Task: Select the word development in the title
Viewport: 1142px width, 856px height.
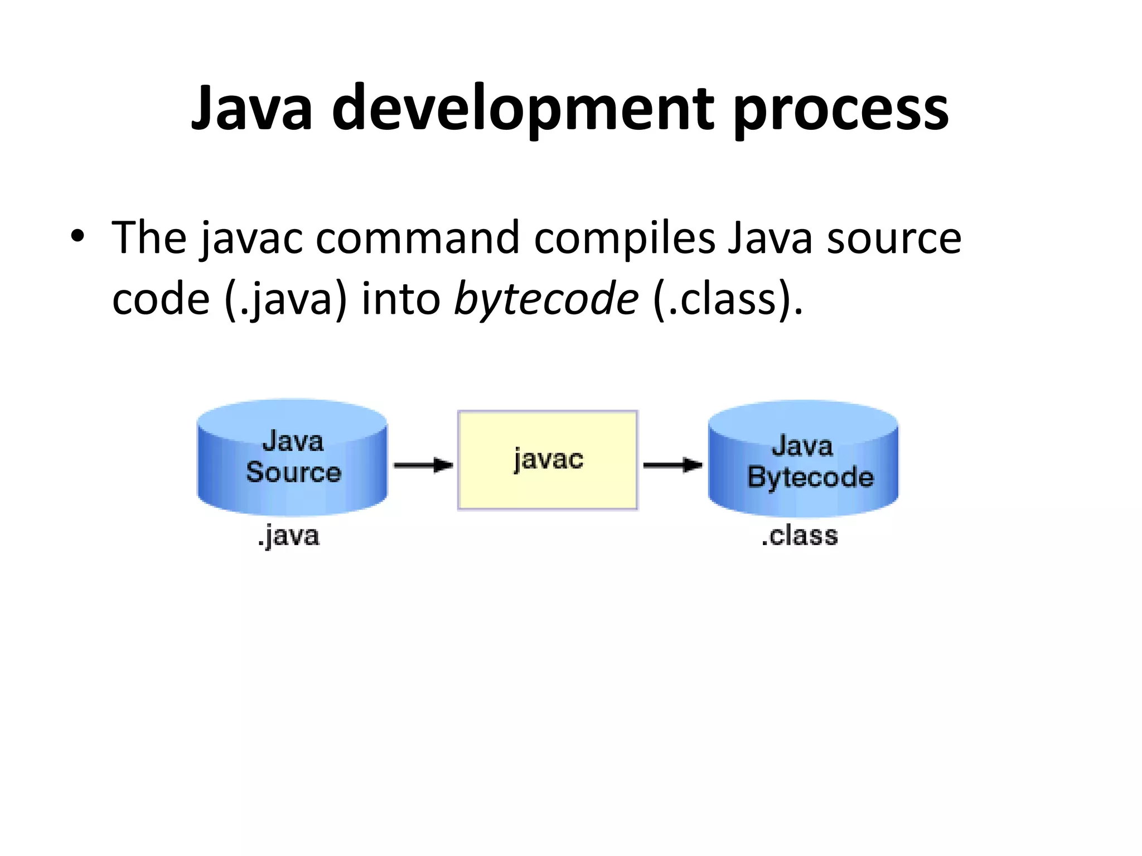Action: click(523, 109)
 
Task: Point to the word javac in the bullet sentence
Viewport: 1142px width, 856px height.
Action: click(252, 239)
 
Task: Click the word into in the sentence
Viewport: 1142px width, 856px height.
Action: click(401, 299)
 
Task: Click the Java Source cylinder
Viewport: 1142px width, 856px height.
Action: click(292, 457)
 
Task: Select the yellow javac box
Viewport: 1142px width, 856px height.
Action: click(548, 460)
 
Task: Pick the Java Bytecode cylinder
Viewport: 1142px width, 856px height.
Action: click(803, 459)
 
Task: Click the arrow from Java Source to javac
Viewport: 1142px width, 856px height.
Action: click(423, 465)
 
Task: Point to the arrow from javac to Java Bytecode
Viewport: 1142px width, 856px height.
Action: click(672, 465)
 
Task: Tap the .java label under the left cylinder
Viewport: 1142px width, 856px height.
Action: click(288, 536)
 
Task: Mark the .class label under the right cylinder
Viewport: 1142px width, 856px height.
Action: click(799, 536)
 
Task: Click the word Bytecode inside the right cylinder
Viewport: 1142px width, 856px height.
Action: click(810, 478)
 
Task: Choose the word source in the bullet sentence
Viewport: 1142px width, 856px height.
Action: click(894, 239)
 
